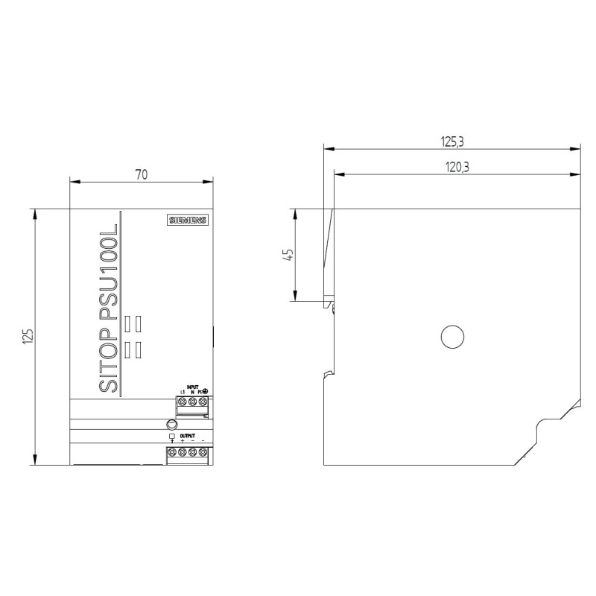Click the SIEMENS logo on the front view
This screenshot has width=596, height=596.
[x=187, y=220]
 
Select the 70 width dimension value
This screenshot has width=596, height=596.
[x=142, y=175]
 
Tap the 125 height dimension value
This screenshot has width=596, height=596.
[x=28, y=337]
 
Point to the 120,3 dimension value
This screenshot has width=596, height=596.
[x=457, y=168]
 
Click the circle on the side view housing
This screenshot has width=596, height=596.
[x=452, y=337]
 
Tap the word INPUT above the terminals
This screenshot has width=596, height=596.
[x=192, y=387]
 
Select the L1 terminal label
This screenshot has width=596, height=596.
[x=183, y=393]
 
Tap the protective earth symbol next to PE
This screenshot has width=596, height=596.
[x=205, y=392]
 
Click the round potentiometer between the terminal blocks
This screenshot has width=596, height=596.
[x=172, y=425]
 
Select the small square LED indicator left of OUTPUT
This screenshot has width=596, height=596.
[x=172, y=436]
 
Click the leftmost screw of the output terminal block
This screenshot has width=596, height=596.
[x=172, y=452]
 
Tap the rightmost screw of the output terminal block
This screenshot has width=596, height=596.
[x=203, y=452]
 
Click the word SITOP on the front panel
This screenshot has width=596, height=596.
[x=109, y=357]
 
